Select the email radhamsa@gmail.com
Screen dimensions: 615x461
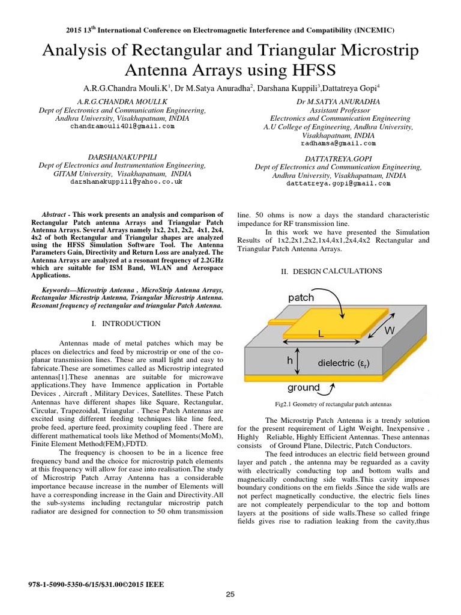(338, 144)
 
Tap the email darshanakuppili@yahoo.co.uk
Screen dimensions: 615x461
(126, 181)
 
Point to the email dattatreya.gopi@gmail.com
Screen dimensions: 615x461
(339, 184)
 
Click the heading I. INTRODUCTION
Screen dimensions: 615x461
(125, 324)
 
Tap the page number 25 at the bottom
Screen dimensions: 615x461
(230, 595)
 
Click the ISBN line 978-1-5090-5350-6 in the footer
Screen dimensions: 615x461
(96, 584)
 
